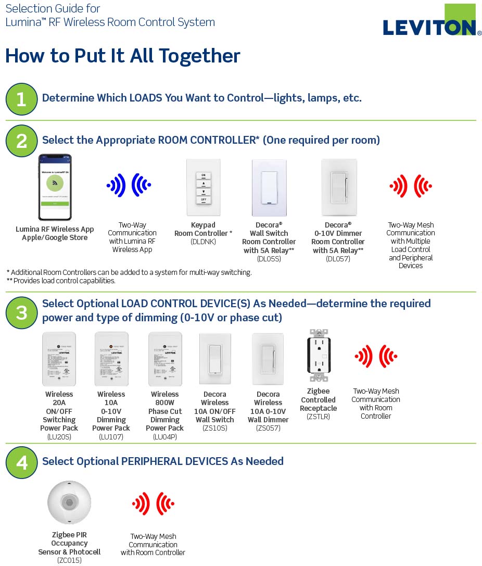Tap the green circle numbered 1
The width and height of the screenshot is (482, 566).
(21, 99)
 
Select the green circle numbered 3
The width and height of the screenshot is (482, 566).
(21, 313)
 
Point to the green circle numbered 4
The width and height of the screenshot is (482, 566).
(21, 462)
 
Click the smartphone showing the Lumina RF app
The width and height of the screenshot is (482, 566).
(55, 187)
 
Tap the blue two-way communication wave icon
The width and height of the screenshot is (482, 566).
(129, 185)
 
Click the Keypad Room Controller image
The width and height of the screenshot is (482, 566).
(203, 187)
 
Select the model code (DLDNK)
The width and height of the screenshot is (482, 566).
(203, 242)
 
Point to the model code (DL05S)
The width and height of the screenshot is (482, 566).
(269, 259)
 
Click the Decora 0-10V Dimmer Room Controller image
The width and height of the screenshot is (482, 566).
(339, 187)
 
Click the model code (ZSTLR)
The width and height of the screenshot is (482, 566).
(318, 417)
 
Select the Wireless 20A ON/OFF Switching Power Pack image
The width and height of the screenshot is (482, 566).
(59, 359)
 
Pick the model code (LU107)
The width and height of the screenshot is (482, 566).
(111, 437)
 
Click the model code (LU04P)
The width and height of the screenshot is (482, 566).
(164, 437)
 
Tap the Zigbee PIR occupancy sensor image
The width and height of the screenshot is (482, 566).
(69, 502)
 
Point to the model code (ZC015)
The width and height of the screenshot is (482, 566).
(69, 560)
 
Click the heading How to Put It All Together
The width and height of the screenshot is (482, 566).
(123, 56)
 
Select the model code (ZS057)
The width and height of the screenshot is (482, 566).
(268, 429)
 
